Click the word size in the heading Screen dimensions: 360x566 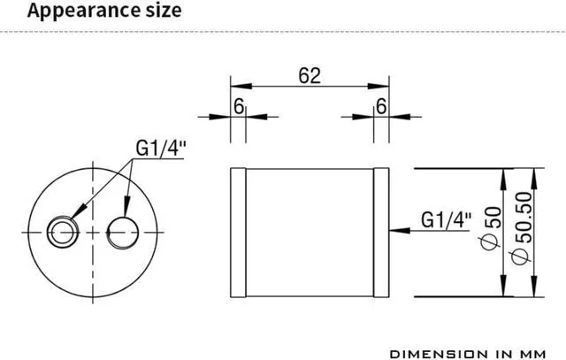tap(159, 11)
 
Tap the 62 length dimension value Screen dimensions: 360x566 tap(309, 75)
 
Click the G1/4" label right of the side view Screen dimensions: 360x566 tap(446, 218)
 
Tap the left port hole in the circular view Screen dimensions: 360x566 tap(63, 232)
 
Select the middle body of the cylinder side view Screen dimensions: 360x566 tap(310, 232)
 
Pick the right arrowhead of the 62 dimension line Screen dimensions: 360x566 tap(382, 87)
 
